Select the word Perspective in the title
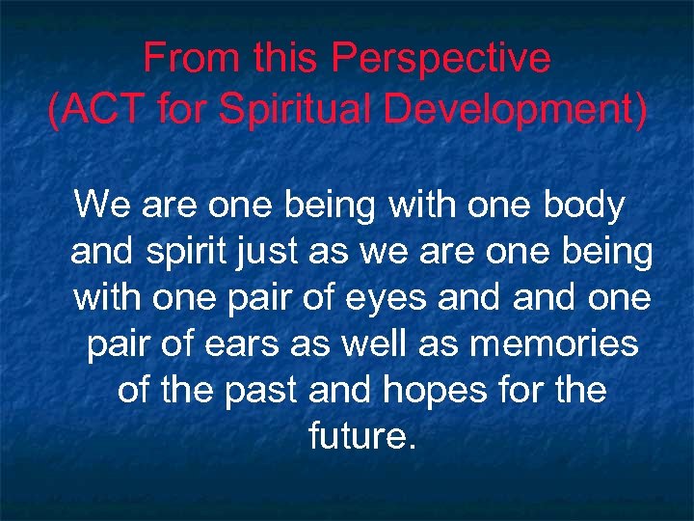(441, 60)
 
